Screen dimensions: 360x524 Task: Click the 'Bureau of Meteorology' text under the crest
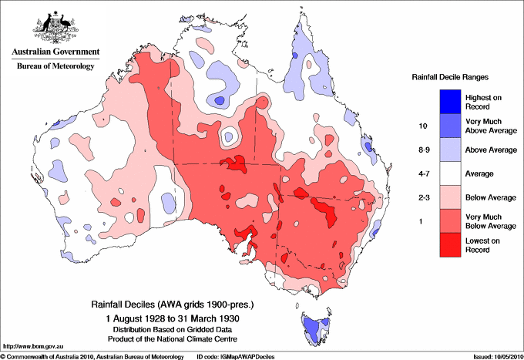pyautogui.click(x=55, y=66)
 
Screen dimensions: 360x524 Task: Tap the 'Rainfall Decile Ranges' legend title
pyautogui.click(x=451, y=78)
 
